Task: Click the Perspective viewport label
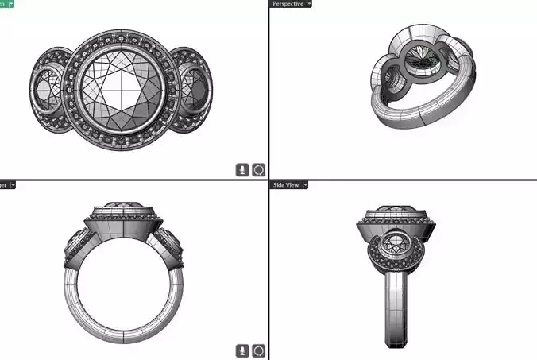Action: pyautogui.click(x=287, y=4)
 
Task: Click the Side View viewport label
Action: pyautogui.click(x=286, y=184)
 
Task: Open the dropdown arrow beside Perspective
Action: pyautogui.click(x=310, y=4)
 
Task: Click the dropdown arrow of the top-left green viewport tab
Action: pyautogui.click(x=12, y=4)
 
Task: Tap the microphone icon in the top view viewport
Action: pyautogui.click(x=243, y=169)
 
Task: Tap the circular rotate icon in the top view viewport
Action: pyautogui.click(x=259, y=169)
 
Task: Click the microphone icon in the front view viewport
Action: pyautogui.click(x=243, y=350)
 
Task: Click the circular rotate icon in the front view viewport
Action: pyautogui.click(x=259, y=350)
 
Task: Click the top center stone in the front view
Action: pyautogui.click(x=122, y=209)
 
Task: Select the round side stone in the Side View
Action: pyautogui.click(x=395, y=243)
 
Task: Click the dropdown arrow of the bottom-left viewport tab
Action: pyautogui.click(x=13, y=184)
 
